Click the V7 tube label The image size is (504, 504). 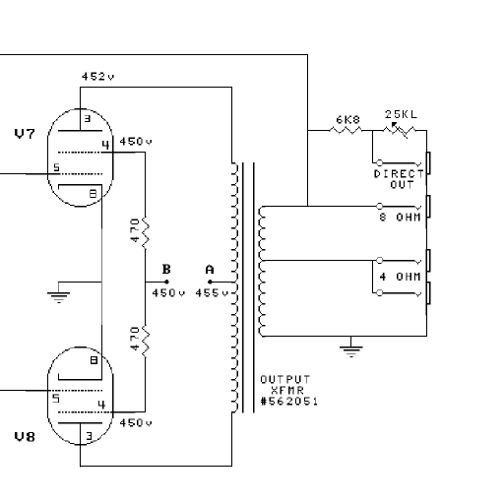(x=24, y=133)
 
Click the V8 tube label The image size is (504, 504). (x=24, y=434)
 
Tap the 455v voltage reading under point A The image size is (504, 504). (x=212, y=292)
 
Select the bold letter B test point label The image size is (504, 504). (x=165, y=269)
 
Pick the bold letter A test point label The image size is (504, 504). (x=209, y=269)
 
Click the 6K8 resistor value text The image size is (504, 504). (x=347, y=119)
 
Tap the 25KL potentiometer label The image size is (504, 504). (x=401, y=114)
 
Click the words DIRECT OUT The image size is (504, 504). (x=399, y=178)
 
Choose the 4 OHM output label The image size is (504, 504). (x=401, y=277)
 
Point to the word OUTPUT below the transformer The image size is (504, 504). (x=284, y=379)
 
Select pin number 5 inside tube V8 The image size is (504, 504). (x=56, y=399)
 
